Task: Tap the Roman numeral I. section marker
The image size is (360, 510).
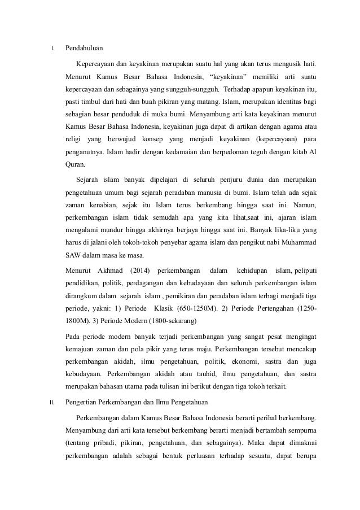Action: tap(52, 48)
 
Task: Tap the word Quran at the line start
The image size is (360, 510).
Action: tap(74, 165)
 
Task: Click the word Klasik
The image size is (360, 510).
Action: tap(173, 308)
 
